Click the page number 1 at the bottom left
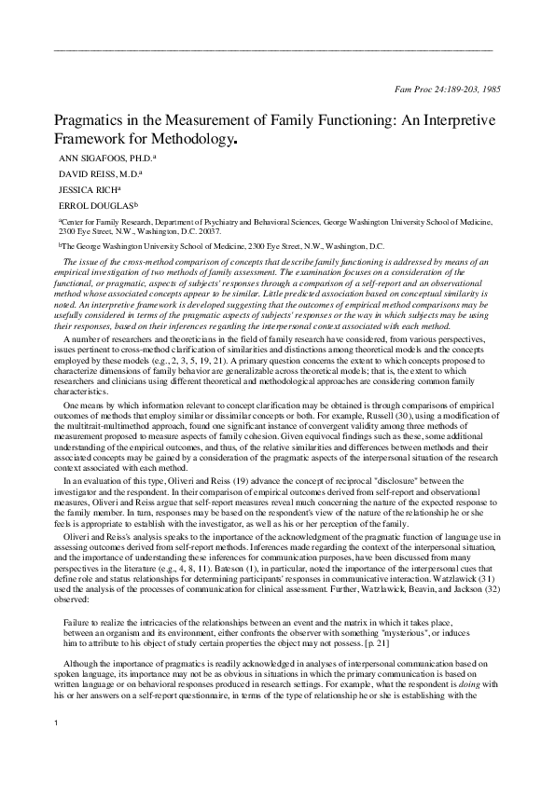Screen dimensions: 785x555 click(x=57, y=749)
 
